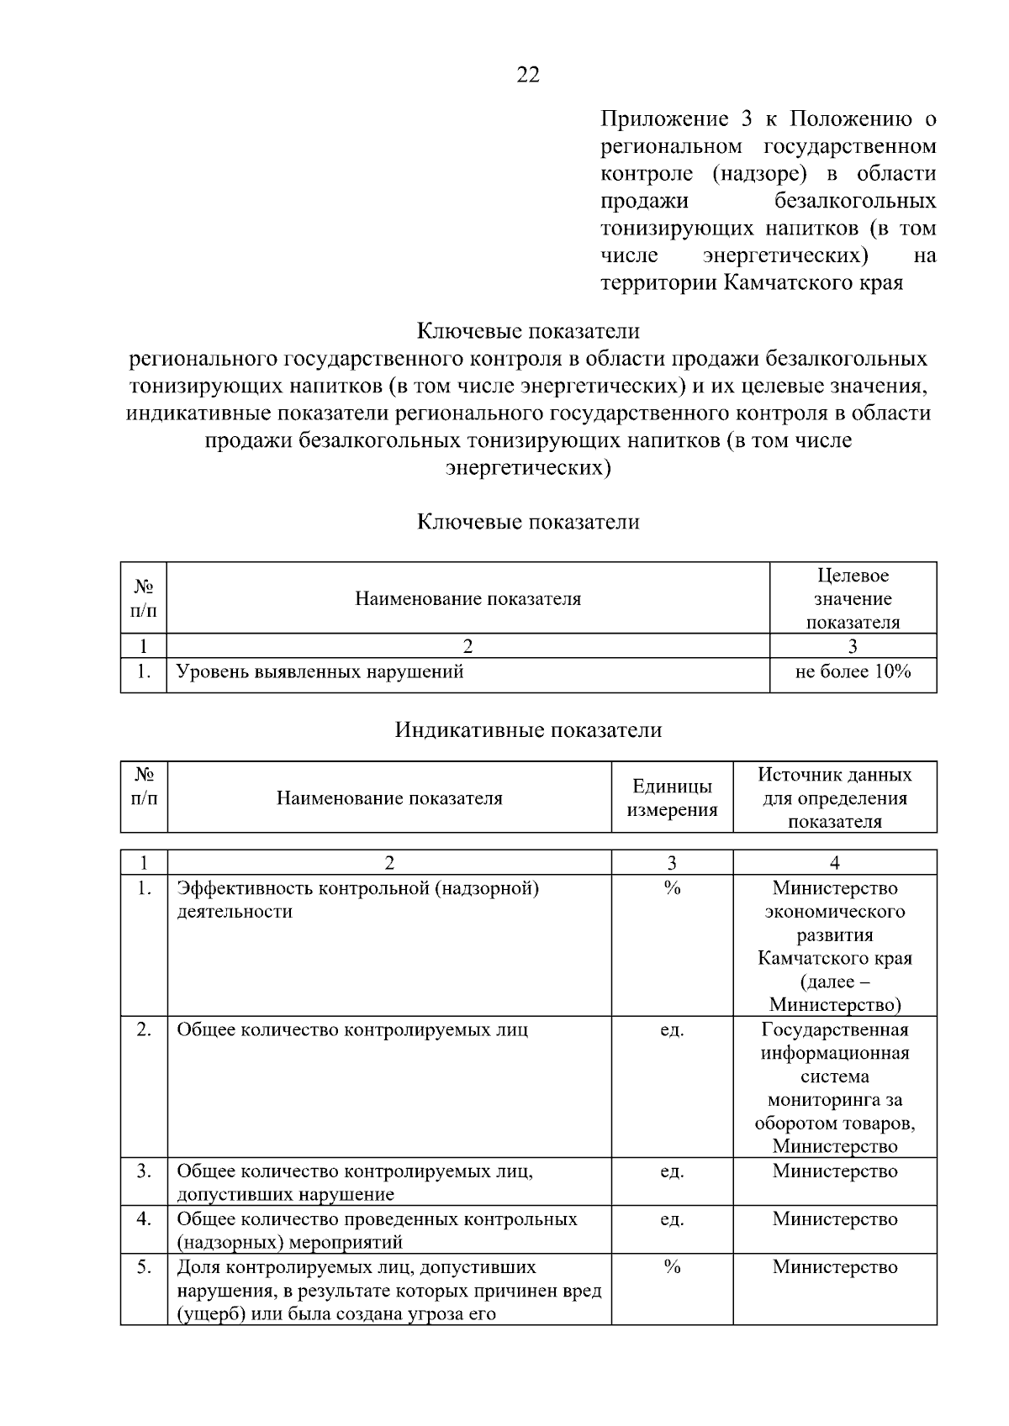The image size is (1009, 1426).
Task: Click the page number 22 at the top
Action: (528, 76)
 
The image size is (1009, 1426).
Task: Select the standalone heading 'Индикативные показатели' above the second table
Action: (528, 730)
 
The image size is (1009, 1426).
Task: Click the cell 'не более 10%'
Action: (853, 671)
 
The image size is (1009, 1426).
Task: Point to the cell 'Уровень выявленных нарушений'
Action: (320, 671)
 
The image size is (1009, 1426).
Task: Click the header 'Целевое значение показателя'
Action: (853, 598)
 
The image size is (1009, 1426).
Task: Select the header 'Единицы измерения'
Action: (672, 797)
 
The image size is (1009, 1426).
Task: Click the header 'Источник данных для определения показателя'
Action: (834, 797)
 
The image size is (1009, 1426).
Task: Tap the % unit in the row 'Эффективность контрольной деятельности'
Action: (672, 888)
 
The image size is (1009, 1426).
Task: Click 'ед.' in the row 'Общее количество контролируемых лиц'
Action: (672, 1029)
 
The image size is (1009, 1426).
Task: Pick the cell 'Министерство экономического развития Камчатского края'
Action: (834, 945)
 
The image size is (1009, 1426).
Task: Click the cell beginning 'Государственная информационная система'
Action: (834, 1087)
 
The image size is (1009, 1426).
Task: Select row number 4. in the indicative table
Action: (144, 1218)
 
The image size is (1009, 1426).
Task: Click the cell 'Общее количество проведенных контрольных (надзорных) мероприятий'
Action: (377, 1230)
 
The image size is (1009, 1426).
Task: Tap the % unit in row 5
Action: (672, 1266)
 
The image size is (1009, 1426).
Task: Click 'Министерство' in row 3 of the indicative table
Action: (834, 1171)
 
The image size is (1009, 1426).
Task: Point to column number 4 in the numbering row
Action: (834, 862)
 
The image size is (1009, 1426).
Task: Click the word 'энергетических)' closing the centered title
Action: (528, 468)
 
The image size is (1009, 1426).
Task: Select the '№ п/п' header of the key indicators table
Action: (144, 598)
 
